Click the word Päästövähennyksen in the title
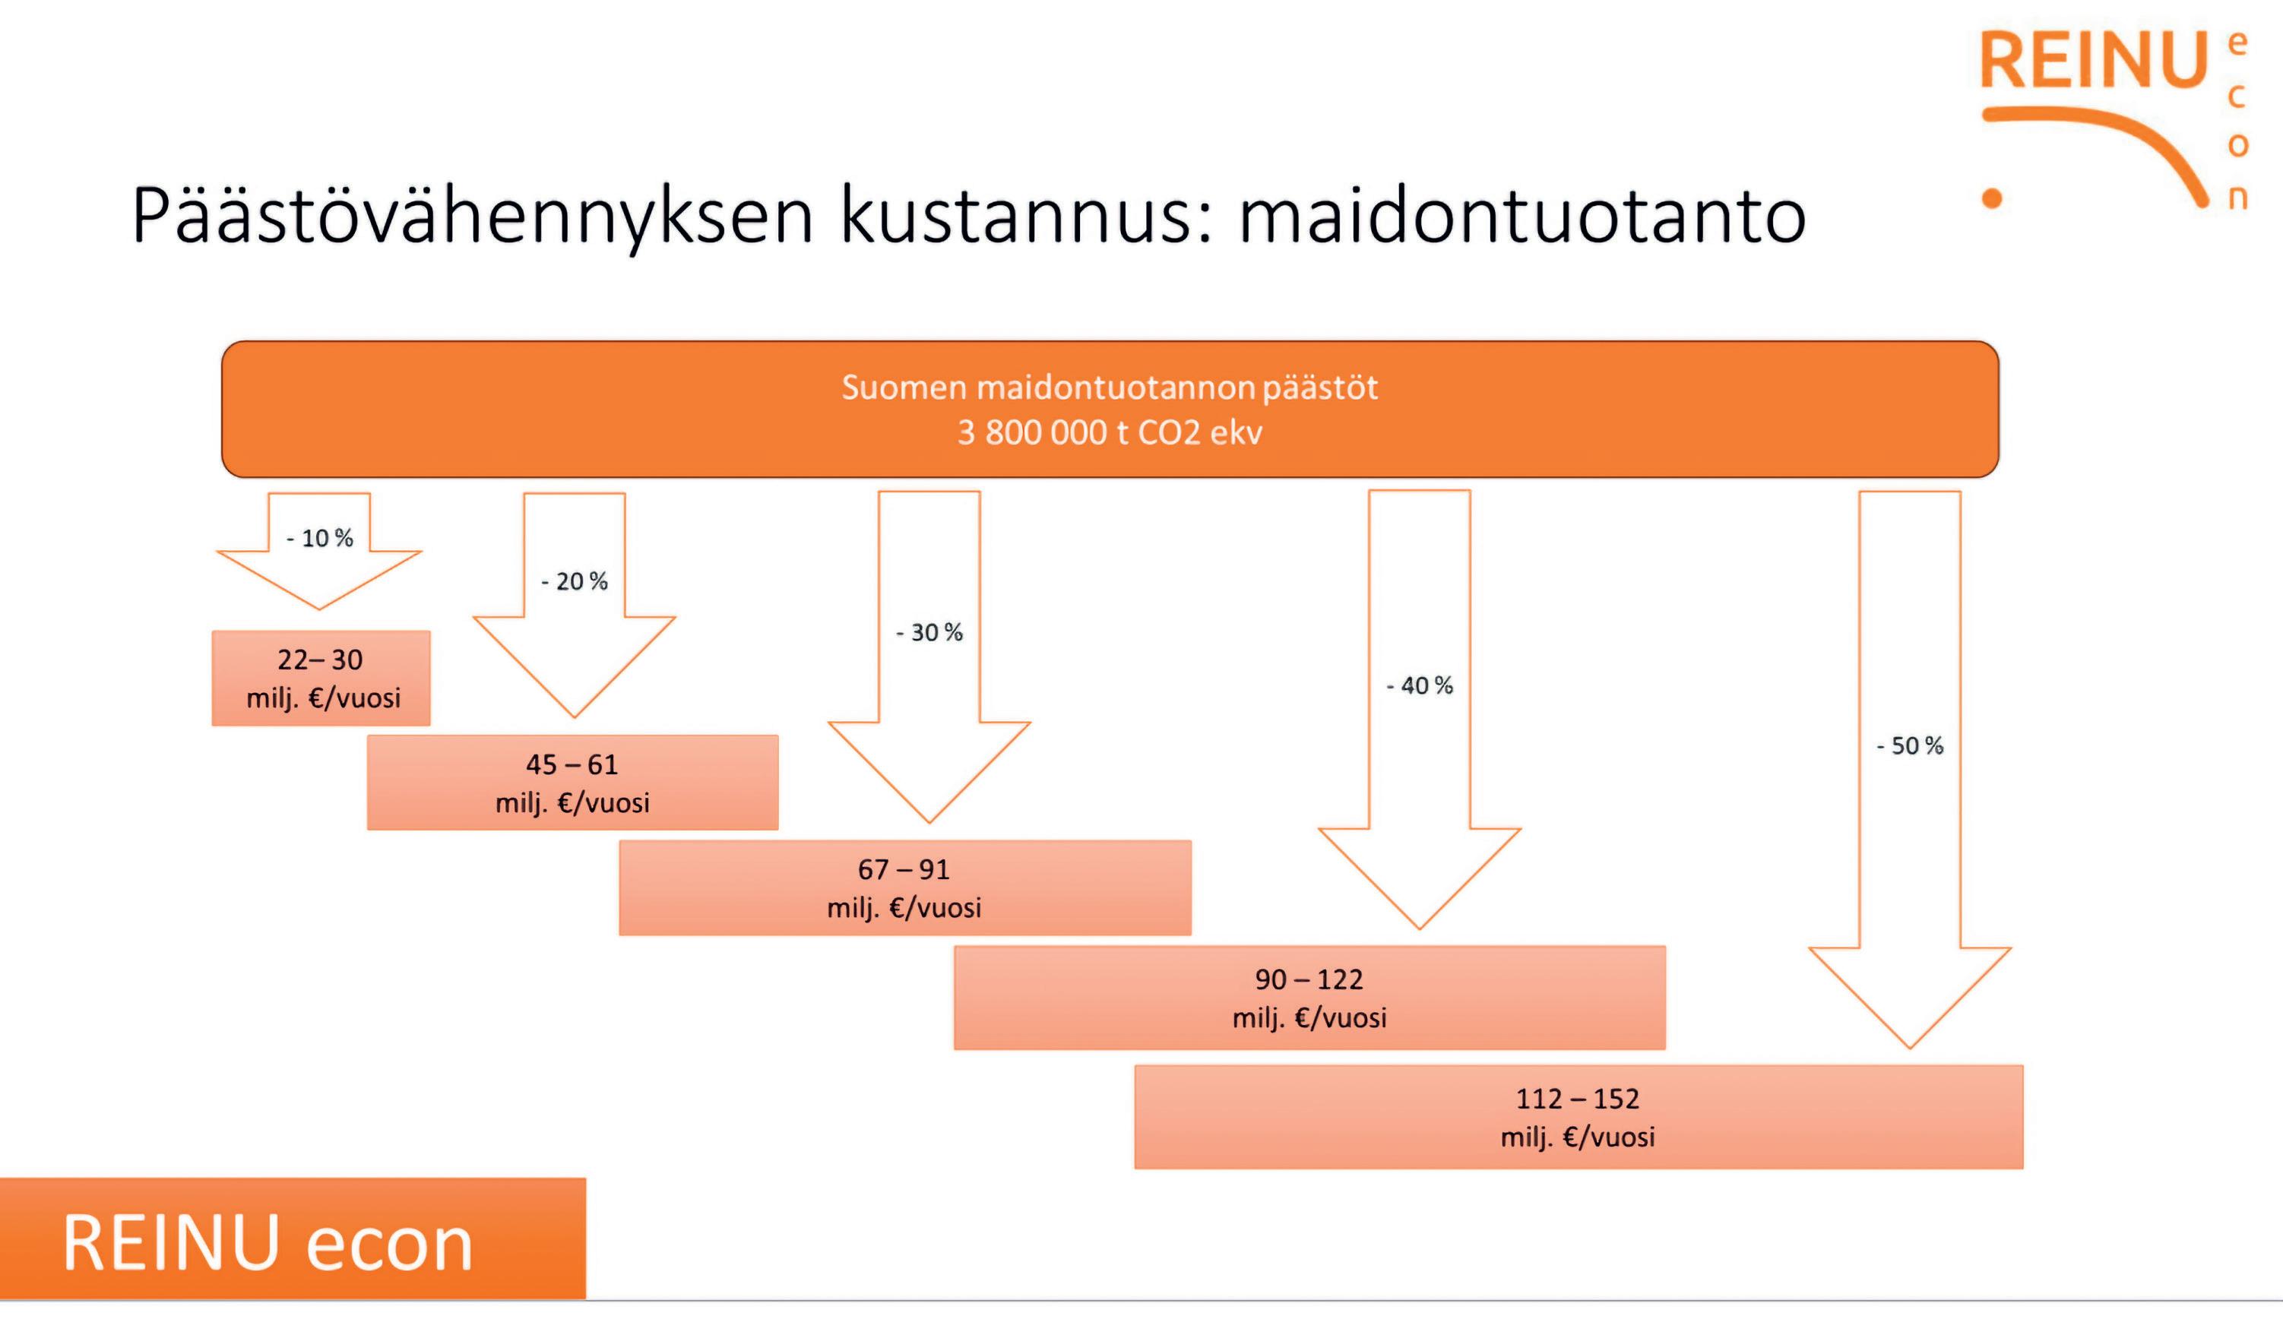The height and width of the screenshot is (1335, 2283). coord(471,217)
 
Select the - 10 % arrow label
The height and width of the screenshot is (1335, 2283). coord(320,538)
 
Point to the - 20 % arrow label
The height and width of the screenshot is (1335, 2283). coord(575,581)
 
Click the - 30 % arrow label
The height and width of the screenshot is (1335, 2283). coord(929,632)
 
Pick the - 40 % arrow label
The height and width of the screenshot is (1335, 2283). coord(1420,685)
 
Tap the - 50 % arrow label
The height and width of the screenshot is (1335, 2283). coord(1910,746)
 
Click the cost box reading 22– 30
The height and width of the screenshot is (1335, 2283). coord(321,678)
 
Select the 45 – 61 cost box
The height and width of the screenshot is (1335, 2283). coord(572,783)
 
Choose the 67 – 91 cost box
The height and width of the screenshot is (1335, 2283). coord(904,887)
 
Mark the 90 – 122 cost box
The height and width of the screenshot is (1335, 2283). coord(1309,998)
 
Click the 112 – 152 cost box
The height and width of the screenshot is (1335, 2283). coord(1578,1117)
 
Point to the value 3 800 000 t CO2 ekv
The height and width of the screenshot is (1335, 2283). coord(1110,433)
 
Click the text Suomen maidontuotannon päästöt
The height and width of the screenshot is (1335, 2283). coord(1110,388)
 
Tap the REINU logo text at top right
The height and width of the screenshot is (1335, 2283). coord(2093,62)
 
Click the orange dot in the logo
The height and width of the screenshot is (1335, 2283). coord(1992,198)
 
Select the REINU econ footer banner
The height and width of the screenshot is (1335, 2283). coord(292,1239)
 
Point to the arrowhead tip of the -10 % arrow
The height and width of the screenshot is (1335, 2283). coord(319,607)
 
